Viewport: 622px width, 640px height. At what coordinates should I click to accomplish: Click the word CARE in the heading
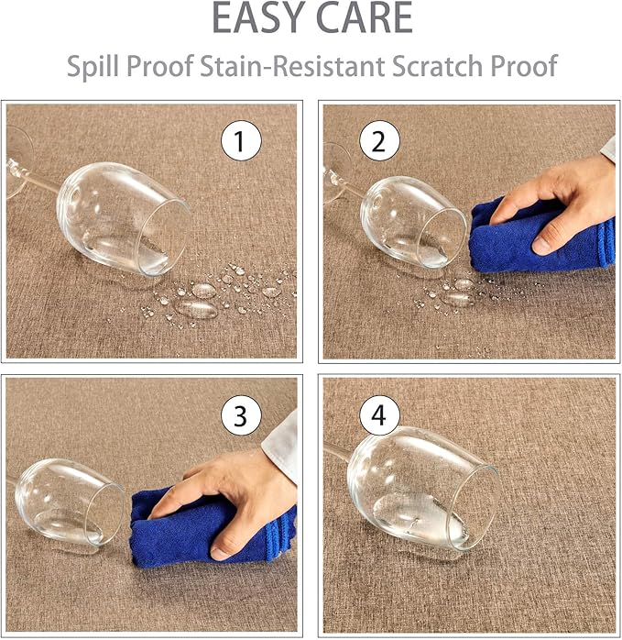[365, 18]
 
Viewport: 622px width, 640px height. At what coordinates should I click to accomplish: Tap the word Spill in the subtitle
[93, 66]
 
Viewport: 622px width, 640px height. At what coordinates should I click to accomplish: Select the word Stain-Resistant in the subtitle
[292, 65]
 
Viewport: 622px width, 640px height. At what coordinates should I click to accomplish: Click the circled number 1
[241, 140]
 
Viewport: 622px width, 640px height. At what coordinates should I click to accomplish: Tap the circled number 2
[379, 140]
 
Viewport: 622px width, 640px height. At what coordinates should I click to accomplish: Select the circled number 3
[241, 415]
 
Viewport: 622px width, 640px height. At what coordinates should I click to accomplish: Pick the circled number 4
[379, 415]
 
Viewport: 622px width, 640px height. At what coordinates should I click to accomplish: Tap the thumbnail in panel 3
[220, 553]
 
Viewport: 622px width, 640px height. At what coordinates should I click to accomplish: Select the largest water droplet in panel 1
[196, 309]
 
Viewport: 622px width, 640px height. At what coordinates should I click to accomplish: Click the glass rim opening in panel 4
[474, 508]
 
